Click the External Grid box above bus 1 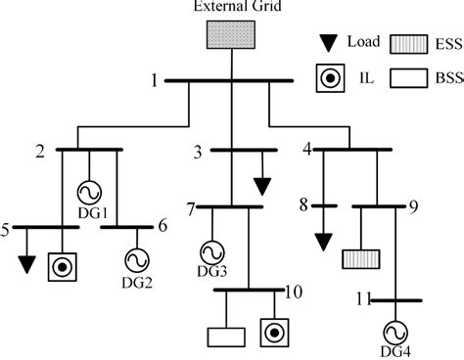pos(231,35)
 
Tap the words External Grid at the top pos(232,9)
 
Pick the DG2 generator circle pos(134,259)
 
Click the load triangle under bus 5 pos(26,264)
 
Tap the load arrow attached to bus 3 pos(261,186)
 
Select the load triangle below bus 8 pos(321,241)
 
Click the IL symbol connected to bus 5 pos(63,265)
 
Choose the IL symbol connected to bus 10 pos(275,333)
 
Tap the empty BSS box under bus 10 pos(225,336)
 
